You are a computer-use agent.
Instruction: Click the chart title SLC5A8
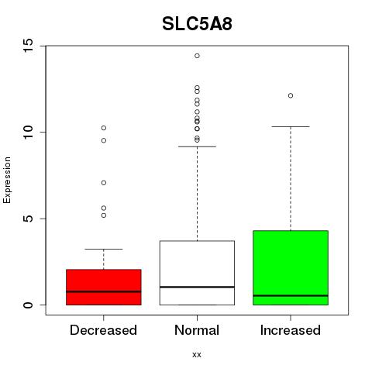pos(197,24)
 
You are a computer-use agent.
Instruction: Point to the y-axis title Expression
pos(7,180)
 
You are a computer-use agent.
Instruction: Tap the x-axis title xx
pos(197,355)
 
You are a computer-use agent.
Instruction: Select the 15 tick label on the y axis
pos(28,46)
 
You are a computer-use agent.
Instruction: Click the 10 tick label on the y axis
pos(28,133)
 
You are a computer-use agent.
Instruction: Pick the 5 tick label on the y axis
pos(28,219)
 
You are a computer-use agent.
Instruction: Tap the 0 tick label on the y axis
pos(28,305)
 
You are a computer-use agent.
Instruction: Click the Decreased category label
pos(103,330)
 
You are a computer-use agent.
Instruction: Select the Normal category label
pos(197,330)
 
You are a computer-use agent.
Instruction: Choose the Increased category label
pos(291,330)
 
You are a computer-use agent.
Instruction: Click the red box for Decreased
pos(104,287)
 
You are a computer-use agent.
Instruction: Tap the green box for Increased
pos(291,267)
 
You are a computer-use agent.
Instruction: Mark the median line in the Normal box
pos(197,287)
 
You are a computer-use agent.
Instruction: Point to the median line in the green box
pos(291,295)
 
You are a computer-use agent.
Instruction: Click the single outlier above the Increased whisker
pos(291,95)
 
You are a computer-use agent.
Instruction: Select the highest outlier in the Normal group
pos(197,56)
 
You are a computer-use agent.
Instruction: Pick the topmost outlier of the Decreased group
pos(104,128)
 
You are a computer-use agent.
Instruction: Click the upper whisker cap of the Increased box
pos(291,126)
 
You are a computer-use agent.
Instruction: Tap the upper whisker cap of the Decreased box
pos(104,249)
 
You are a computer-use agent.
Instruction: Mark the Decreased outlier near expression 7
pos(104,183)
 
